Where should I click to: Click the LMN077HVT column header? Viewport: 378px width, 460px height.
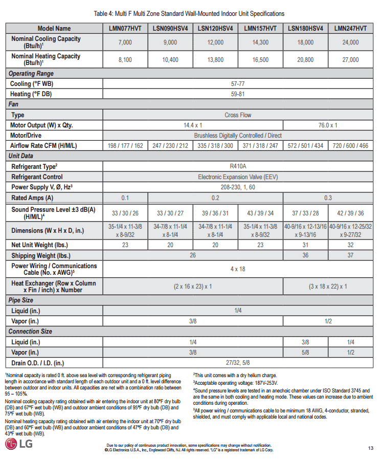point(125,28)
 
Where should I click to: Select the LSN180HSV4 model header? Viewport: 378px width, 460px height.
point(305,28)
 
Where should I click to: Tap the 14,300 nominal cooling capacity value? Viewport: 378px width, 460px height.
point(260,42)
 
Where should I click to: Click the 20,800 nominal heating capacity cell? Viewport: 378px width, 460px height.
point(305,60)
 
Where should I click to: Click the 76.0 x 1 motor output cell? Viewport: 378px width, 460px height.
point(328,125)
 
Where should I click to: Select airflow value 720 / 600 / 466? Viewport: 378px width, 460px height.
point(350,146)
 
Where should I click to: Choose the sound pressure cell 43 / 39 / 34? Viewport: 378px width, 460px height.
point(260,213)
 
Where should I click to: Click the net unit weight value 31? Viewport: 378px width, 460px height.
point(305,245)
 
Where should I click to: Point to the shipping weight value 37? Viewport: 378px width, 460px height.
point(350,255)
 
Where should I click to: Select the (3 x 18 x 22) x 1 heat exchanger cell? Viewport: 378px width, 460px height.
point(328,287)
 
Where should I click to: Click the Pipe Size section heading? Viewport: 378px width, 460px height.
point(21,300)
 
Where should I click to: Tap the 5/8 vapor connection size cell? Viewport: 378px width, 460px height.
point(305,353)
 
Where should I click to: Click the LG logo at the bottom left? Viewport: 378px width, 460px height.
point(19,444)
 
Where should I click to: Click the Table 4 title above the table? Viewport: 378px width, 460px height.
point(189,13)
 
